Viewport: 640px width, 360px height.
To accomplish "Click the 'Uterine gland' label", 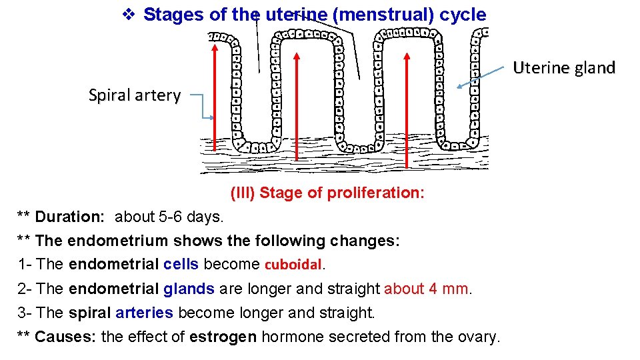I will tap(563, 68).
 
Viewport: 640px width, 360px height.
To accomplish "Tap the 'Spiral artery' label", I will tap(135, 95).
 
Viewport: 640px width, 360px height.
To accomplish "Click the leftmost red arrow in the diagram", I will tap(215, 100).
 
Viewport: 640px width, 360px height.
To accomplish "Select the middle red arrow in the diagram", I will tap(297, 100).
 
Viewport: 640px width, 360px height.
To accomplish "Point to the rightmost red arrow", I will tap(407, 107).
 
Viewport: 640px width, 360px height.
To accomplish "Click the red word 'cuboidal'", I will tap(293, 265).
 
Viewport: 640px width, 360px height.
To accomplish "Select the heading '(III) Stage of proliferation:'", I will tap(327, 193).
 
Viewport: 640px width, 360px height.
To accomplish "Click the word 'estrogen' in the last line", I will tap(223, 337).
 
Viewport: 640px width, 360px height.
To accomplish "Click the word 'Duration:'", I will tap(70, 217).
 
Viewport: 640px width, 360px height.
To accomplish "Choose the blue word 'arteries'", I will tap(144, 313).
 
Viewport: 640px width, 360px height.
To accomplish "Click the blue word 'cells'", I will tap(181, 264).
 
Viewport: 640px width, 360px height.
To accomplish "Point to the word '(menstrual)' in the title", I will tap(385, 15).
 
